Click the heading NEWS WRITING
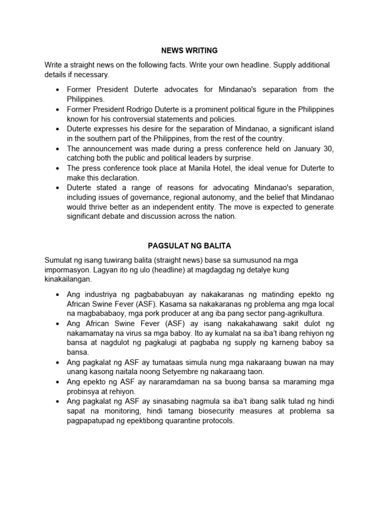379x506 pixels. click(189, 50)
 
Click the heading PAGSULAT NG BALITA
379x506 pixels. click(189, 246)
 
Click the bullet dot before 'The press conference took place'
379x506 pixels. click(58, 169)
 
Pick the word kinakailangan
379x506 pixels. click(68, 279)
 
